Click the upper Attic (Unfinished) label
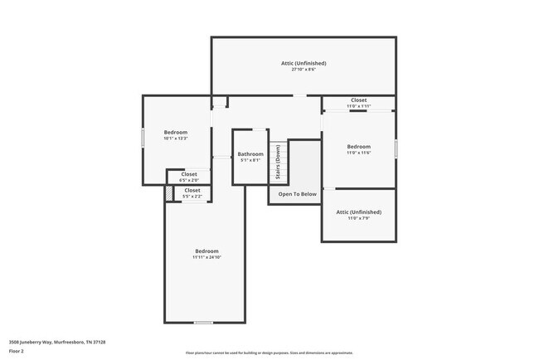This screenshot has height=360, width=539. pyautogui.click(x=303, y=63)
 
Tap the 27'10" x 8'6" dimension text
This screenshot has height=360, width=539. pyautogui.click(x=303, y=70)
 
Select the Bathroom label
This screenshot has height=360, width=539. pyautogui.click(x=250, y=153)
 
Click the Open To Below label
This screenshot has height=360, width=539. pyautogui.click(x=297, y=194)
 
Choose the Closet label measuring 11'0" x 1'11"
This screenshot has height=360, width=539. pyautogui.click(x=358, y=100)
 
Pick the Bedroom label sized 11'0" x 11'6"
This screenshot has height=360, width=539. pyautogui.click(x=358, y=146)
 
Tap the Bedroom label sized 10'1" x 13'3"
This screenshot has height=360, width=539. pyautogui.click(x=175, y=132)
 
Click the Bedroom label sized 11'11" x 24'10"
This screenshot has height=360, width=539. pyautogui.click(x=206, y=251)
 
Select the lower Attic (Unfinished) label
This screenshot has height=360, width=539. pyautogui.click(x=358, y=212)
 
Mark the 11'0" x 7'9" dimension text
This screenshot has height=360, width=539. pyautogui.click(x=358, y=218)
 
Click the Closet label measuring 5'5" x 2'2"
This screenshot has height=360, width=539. pyautogui.click(x=192, y=190)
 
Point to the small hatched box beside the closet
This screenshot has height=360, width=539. pyautogui.click(x=168, y=192)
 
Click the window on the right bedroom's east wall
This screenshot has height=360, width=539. pyautogui.click(x=396, y=148)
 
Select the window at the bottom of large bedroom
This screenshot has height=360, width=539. pyautogui.click(x=203, y=323)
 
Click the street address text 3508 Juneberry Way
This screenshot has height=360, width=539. pyautogui.click(x=57, y=341)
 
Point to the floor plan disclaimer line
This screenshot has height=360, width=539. pyautogui.click(x=269, y=353)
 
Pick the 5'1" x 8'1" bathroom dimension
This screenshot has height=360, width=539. pyautogui.click(x=250, y=160)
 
